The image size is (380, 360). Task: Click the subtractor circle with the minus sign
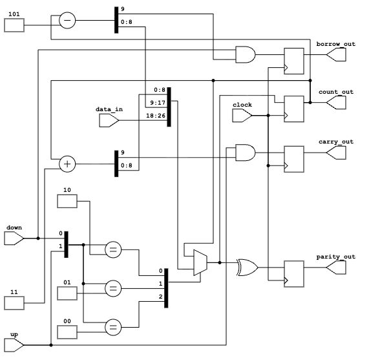[x=67, y=21]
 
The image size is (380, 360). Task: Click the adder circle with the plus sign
[x=67, y=165]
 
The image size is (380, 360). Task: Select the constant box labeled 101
[x=14, y=25]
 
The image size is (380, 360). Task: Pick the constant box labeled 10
[x=68, y=202]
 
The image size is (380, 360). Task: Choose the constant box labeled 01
[x=68, y=293]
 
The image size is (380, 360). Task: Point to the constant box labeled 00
[x=68, y=332]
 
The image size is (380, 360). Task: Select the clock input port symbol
[x=242, y=115]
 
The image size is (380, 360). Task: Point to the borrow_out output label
[x=331, y=45]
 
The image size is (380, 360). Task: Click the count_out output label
[x=334, y=92]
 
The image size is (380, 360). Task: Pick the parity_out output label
[x=335, y=257]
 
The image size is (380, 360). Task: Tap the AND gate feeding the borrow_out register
[x=245, y=56]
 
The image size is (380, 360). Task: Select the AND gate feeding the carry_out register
[x=245, y=153]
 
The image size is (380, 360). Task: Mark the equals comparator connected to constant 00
[x=113, y=328]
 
